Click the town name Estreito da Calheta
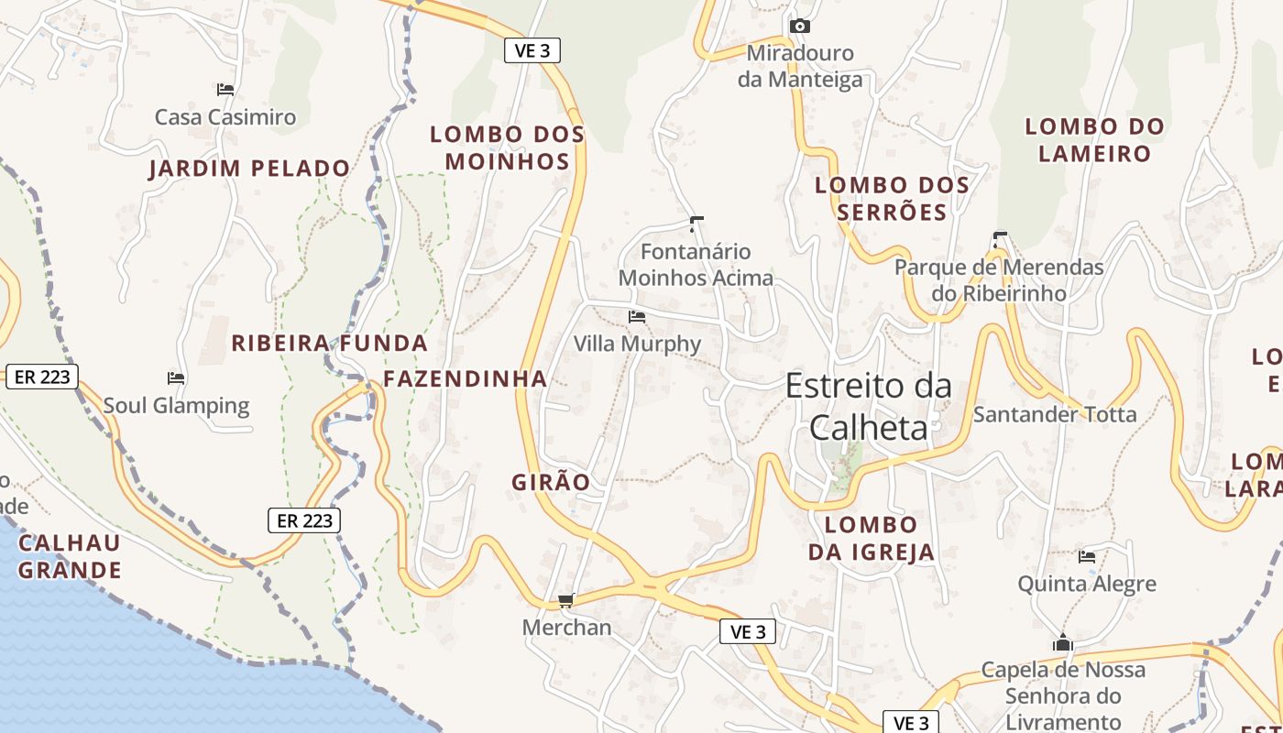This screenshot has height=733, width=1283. pyautogui.click(x=868, y=407)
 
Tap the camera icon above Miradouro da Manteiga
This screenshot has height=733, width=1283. pyautogui.click(x=800, y=26)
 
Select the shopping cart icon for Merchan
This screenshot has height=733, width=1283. pyautogui.click(x=565, y=601)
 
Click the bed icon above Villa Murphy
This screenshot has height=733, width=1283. pyautogui.click(x=637, y=317)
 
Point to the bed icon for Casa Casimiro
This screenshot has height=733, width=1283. pyautogui.click(x=225, y=90)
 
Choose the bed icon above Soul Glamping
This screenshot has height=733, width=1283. pyautogui.click(x=176, y=377)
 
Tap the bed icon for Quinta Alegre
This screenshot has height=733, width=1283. pyautogui.click(x=1087, y=556)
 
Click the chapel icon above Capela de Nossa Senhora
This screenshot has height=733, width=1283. pyautogui.click(x=1063, y=642)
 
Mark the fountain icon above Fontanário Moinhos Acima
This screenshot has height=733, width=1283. pyautogui.click(x=696, y=223)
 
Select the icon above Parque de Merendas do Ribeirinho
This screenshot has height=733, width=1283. pyautogui.click(x=1000, y=239)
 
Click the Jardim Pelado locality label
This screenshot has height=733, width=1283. pyautogui.click(x=249, y=169)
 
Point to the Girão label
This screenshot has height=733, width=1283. pyautogui.click(x=551, y=482)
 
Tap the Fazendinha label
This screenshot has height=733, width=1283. pyautogui.click(x=465, y=378)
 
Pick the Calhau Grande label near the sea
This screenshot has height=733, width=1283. pyautogui.click(x=70, y=556)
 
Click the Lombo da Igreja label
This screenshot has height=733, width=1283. pyautogui.click(x=871, y=538)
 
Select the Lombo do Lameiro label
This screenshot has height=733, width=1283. pyautogui.click(x=1094, y=139)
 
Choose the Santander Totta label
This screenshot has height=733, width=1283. pyautogui.click(x=1054, y=414)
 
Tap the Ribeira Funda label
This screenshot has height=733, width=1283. pyautogui.click(x=329, y=344)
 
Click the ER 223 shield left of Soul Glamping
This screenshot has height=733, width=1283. pyautogui.click(x=42, y=377)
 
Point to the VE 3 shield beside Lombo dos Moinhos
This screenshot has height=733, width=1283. pyautogui.click(x=532, y=50)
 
